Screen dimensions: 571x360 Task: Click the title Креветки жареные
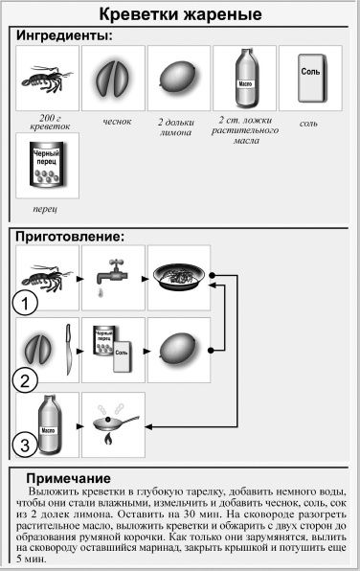click(180, 14)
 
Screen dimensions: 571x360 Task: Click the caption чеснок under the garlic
click(113, 122)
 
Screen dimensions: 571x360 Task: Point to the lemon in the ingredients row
click(179, 78)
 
